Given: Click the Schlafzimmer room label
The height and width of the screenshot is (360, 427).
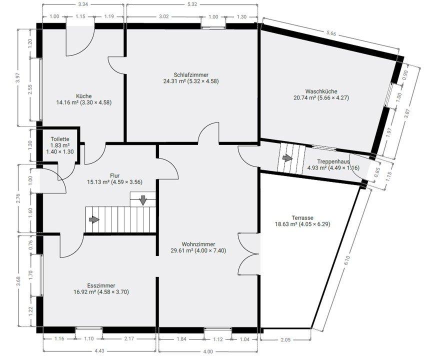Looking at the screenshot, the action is click(191, 74).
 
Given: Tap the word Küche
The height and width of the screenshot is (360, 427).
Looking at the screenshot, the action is click(84, 96).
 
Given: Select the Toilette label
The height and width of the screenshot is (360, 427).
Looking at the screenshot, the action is click(60, 139).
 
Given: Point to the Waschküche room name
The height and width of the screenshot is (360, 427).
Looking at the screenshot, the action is click(321, 91).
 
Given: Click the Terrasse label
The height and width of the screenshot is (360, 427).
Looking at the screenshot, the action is click(302, 218).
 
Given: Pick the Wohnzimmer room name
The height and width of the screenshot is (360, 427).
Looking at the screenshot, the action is click(198, 244).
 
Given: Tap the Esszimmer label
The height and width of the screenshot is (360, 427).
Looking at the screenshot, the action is click(101, 285).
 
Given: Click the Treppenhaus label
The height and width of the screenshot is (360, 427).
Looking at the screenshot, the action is click(333, 161).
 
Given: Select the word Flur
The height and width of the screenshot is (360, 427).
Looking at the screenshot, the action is click(114, 175).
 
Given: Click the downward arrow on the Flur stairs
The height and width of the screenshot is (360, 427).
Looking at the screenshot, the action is click(143, 200).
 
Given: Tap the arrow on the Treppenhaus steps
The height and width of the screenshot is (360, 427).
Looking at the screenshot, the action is click(287, 158).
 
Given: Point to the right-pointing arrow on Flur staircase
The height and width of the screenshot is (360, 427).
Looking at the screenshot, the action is click(94, 219).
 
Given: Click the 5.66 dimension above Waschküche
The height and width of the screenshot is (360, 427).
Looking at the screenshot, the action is click(331, 33).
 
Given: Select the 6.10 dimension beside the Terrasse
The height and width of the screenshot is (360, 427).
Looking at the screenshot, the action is click(346, 260).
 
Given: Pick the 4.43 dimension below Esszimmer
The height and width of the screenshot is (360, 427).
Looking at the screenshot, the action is click(100, 351).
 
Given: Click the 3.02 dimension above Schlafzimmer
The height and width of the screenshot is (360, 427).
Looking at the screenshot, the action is click(163, 16).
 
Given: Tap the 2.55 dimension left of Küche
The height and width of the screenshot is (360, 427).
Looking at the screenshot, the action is click(30, 89).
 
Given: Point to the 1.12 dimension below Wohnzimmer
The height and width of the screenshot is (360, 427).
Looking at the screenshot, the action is click(218, 339).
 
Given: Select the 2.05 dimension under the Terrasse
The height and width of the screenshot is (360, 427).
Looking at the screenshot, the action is click(285, 339).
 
